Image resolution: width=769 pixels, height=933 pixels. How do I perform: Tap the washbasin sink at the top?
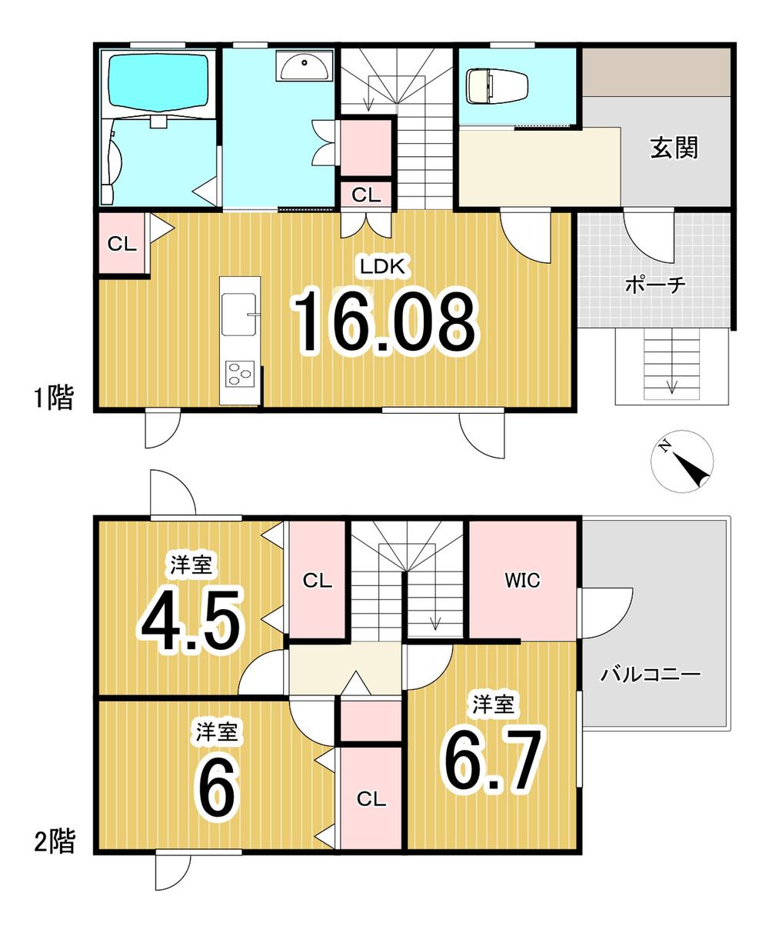(x=304, y=65)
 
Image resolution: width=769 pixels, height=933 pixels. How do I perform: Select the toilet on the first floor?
(x=497, y=85)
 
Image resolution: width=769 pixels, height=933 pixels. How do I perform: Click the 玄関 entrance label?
(x=674, y=148)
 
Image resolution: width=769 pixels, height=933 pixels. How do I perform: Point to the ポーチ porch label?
(x=654, y=284)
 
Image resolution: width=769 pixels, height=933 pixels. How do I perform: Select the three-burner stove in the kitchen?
(x=240, y=374)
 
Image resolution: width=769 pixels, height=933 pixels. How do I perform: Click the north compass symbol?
(x=681, y=462)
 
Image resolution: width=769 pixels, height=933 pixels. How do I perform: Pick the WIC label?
(x=522, y=581)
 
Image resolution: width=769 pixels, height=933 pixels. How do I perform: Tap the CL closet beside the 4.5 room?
(x=318, y=581)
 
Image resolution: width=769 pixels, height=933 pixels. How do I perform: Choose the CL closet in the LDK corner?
(x=122, y=244)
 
